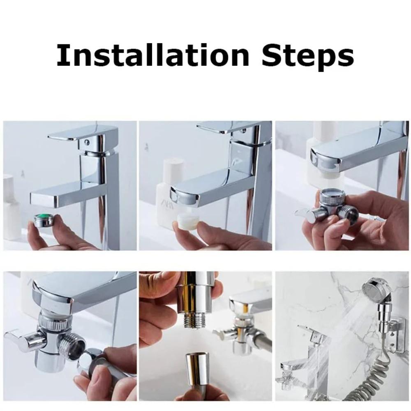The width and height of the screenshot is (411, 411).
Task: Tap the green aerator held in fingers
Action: coord(42,220)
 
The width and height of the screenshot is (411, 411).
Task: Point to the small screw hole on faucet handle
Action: coord(86,142)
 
